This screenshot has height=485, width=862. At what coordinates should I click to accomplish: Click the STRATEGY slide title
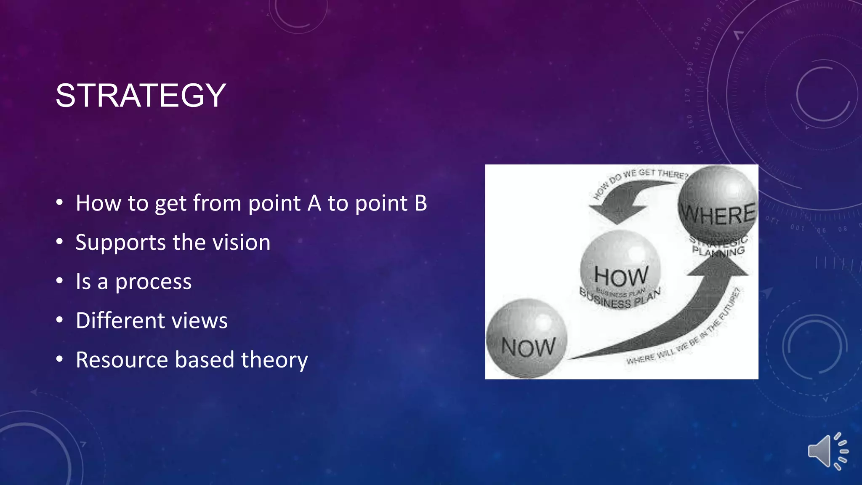[x=141, y=96]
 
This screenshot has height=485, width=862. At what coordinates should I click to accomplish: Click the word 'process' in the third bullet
[x=153, y=282]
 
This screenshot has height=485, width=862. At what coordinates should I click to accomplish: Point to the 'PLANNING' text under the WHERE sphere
[x=718, y=252]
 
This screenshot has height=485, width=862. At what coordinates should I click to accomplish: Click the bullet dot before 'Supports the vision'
[x=60, y=242]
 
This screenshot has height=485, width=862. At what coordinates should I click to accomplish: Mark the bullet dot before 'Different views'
[x=60, y=320]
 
